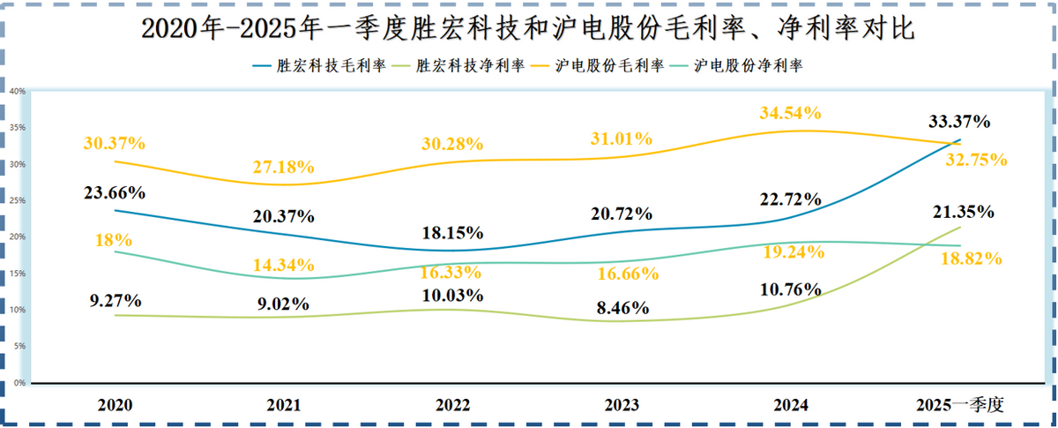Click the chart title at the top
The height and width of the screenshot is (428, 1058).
click(528, 29)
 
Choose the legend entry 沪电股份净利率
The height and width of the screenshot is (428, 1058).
click(749, 65)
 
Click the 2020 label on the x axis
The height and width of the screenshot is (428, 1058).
click(115, 405)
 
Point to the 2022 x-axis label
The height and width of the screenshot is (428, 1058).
click(453, 405)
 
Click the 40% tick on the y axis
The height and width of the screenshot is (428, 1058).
click(17, 91)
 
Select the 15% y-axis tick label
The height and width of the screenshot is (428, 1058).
click(17, 274)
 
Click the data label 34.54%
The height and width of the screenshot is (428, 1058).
click(790, 113)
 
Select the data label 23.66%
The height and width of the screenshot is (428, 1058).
click(115, 192)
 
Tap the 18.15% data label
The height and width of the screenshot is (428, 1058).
click(453, 233)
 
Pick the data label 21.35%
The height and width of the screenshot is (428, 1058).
click(963, 212)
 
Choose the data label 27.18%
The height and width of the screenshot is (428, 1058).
click(284, 167)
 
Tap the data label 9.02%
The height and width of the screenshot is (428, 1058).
click(284, 304)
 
